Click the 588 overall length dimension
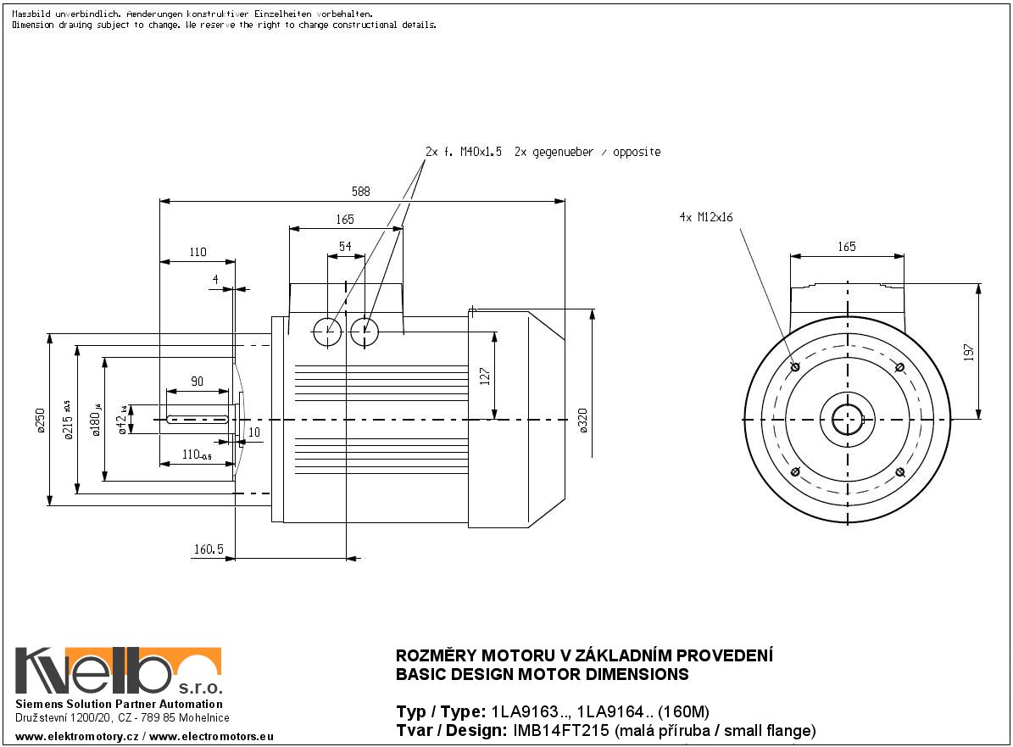point(361,192)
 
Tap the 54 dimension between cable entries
point(346,246)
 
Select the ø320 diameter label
point(584,420)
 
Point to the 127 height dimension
point(485,376)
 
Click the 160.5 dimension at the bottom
point(208,549)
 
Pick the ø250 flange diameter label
point(40,421)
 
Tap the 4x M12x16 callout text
point(705,217)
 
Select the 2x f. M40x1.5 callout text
point(463,152)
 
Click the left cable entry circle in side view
point(327,332)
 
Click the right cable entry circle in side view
point(365,332)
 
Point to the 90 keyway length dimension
point(197,382)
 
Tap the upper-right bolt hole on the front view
point(900,367)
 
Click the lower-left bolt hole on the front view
point(794,472)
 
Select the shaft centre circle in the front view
point(847,420)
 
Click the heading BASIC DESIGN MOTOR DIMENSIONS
point(543,675)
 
